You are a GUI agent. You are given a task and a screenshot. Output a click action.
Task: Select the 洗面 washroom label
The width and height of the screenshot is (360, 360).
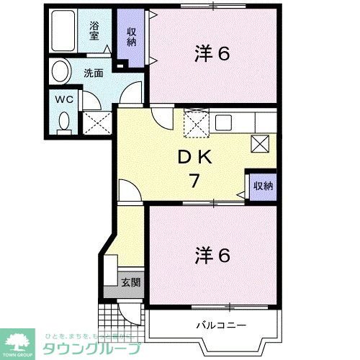coord(92,73)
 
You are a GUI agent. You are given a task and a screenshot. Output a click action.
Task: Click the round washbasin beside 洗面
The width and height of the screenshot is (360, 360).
coord(61,73)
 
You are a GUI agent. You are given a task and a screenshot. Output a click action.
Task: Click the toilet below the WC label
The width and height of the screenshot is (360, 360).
coord(63,122)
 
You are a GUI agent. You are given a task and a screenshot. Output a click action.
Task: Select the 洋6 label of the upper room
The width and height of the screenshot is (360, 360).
coord(212,53)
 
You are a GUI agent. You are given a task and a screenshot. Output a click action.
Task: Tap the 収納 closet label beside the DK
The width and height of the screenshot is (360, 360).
coord(263,186)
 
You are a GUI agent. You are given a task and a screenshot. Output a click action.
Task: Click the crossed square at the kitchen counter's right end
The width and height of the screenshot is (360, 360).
coord(259,143)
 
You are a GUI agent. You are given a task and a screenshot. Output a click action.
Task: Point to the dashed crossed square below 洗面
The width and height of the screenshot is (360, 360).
coord(96,122)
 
